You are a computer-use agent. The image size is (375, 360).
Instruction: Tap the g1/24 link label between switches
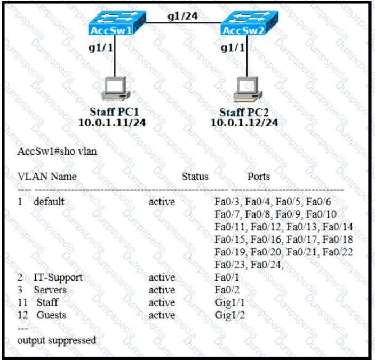point(182,16)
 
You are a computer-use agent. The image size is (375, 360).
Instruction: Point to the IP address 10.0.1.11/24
point(112,122)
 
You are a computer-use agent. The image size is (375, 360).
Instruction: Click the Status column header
point(195,176)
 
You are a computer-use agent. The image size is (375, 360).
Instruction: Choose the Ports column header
point(258,176)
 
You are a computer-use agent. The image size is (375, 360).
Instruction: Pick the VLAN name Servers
point(50,290)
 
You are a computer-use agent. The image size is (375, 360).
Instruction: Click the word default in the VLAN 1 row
point(49,202)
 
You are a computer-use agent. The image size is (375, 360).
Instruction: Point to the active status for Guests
point(162,315)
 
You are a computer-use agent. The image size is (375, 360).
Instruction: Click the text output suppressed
point(57,340)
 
